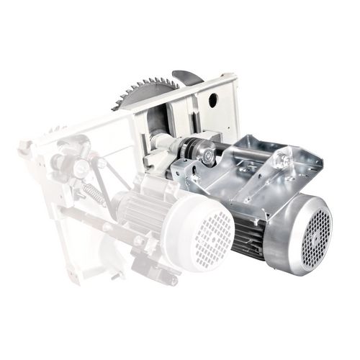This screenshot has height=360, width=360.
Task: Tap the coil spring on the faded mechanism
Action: [x=92, y=194]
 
